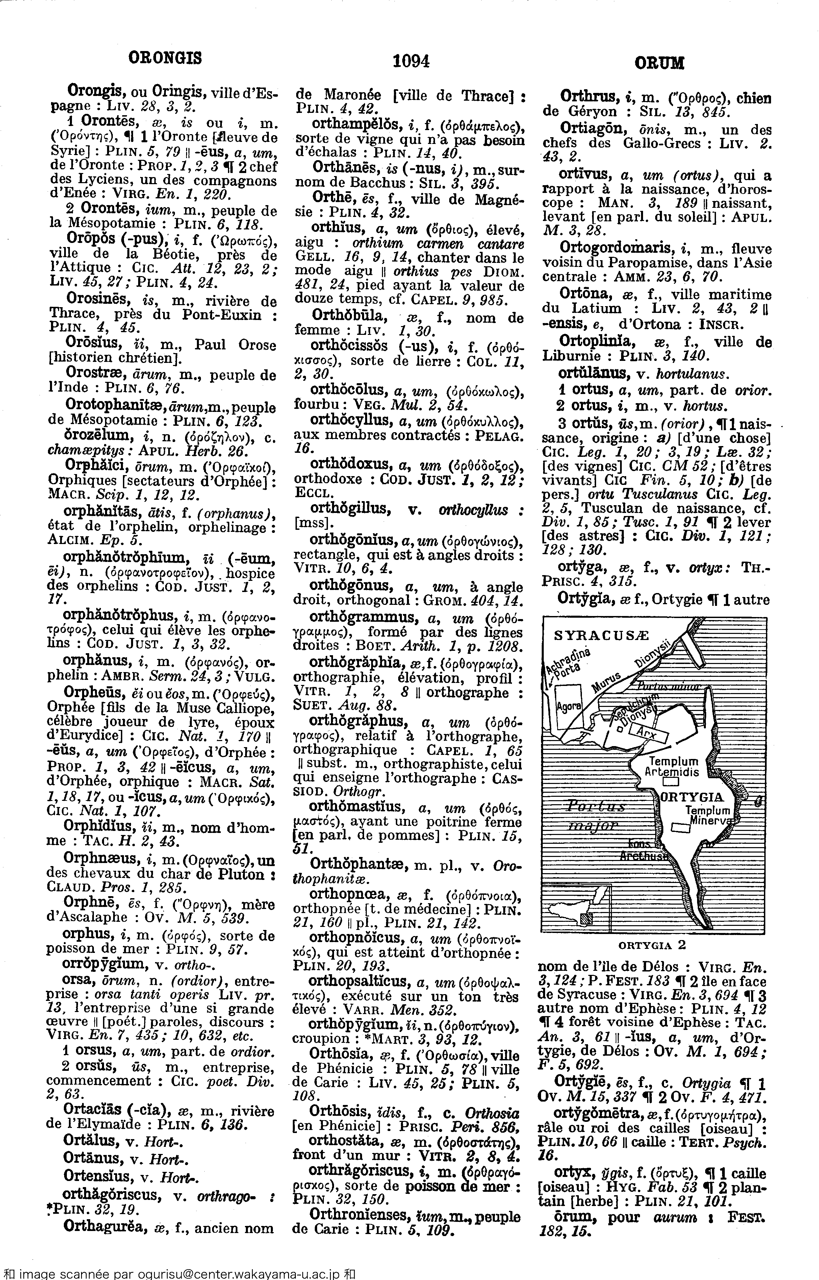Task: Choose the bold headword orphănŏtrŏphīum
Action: coord(123,558)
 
